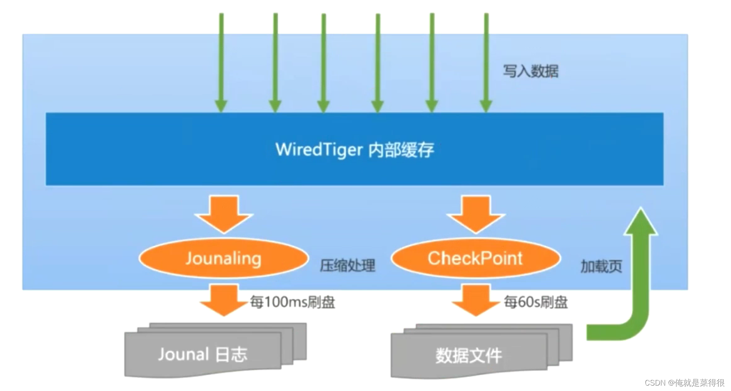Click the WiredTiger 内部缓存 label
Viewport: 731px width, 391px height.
point(354,150)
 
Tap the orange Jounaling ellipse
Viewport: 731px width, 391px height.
point(224,258)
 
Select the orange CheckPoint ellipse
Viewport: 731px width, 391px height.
point(475,258)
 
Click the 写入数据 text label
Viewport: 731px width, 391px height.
point(530,71)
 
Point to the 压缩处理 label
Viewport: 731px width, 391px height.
point(347,266)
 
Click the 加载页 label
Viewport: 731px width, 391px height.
point(601,266)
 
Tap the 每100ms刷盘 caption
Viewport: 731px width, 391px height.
point(292,302)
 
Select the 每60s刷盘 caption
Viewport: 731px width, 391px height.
point(536,302)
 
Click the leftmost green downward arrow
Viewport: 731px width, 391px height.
point(221,63)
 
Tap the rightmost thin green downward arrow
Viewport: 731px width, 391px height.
point(486,63)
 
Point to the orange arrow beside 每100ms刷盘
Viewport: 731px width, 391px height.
point(224,299)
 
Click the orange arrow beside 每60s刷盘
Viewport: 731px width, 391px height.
point(476,299)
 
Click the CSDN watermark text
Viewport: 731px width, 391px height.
point(684,383)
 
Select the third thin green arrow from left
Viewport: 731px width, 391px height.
point(324,63)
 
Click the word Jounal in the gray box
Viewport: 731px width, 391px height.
point(183,354)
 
